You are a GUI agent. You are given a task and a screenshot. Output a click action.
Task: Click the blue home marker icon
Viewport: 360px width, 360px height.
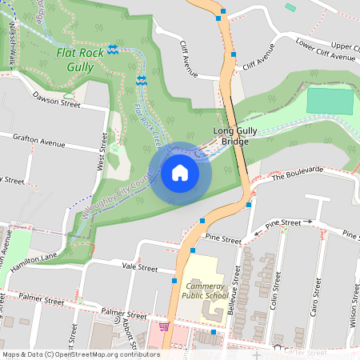click(x=179, y=172)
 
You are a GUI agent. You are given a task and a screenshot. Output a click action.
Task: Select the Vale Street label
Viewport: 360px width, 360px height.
click(x=139, y=267)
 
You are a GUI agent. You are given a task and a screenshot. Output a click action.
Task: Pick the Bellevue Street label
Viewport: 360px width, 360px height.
click(x=238, y=284)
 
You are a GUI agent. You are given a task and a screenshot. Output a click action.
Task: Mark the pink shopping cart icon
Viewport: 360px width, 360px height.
click(x=164, y=326)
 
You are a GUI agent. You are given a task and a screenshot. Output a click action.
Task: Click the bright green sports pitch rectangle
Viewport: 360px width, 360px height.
click(x=330, y=102)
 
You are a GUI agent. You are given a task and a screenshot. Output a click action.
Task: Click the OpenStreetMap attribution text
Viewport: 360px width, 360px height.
click(x=81, y=354)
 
